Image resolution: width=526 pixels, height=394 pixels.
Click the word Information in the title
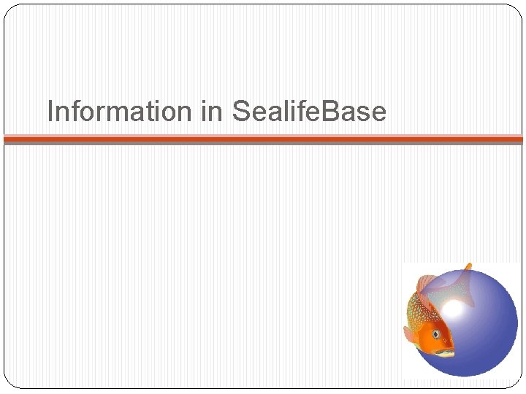point(118,112)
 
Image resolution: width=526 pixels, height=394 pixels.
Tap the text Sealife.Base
point(308,112)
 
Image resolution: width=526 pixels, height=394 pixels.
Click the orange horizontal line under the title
point(263,138)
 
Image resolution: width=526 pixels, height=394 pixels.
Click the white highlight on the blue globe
point(453,310)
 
